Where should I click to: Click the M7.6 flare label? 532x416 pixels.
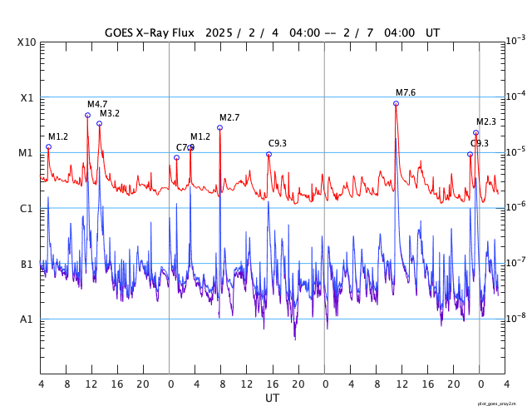tap(406, 92)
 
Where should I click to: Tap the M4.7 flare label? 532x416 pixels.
tap(97, 104)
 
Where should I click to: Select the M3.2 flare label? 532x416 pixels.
tap(110, 113)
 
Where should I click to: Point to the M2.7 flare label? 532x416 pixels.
tap(229, 117)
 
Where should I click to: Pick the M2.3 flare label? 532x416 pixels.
tap(486, 121)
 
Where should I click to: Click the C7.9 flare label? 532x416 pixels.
tap(184, 147)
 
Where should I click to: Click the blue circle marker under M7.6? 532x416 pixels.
tap(396, 103)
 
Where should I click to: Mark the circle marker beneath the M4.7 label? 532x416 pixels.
tap(87, 115)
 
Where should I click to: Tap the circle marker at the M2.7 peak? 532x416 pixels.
tap(219, 127)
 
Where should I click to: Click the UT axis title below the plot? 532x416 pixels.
tap(272, 399)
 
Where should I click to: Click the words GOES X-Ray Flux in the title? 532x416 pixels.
tap(150, 33)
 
